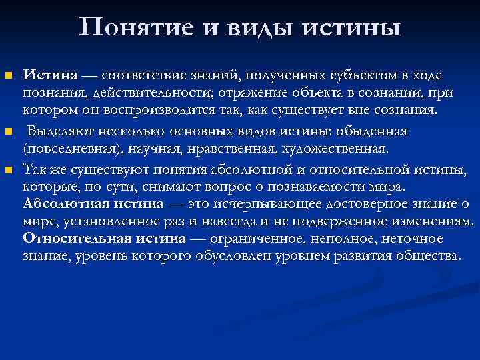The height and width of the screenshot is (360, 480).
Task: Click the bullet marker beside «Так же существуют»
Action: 9,170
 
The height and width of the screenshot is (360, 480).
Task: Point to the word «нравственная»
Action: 219,145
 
